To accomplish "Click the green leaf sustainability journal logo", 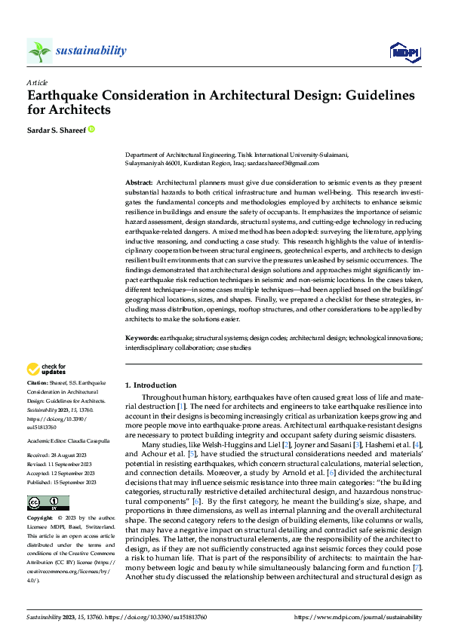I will click(39, 51).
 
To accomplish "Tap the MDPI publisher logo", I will click(404, 51).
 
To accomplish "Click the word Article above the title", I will click(37, 81).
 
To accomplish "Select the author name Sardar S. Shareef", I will click(56, 130).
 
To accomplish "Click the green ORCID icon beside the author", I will click(92, 130).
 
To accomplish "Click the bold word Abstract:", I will click(138, 183).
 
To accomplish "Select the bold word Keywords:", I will click(140, 339).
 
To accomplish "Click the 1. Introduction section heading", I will click(150, 385).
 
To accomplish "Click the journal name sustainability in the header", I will click(91, 51).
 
